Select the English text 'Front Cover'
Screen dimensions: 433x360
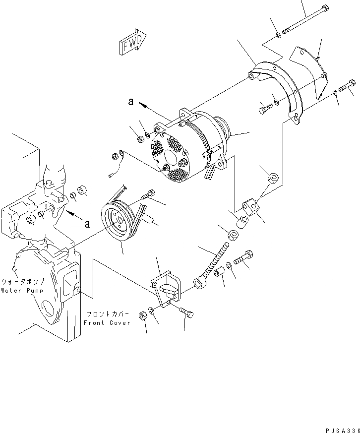[x=107, y=322]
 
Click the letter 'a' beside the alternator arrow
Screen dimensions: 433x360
[x=130, y=102]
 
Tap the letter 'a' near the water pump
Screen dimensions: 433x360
[x=87, y=224]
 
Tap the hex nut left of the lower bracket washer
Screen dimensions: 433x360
[x=142, y=315]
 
